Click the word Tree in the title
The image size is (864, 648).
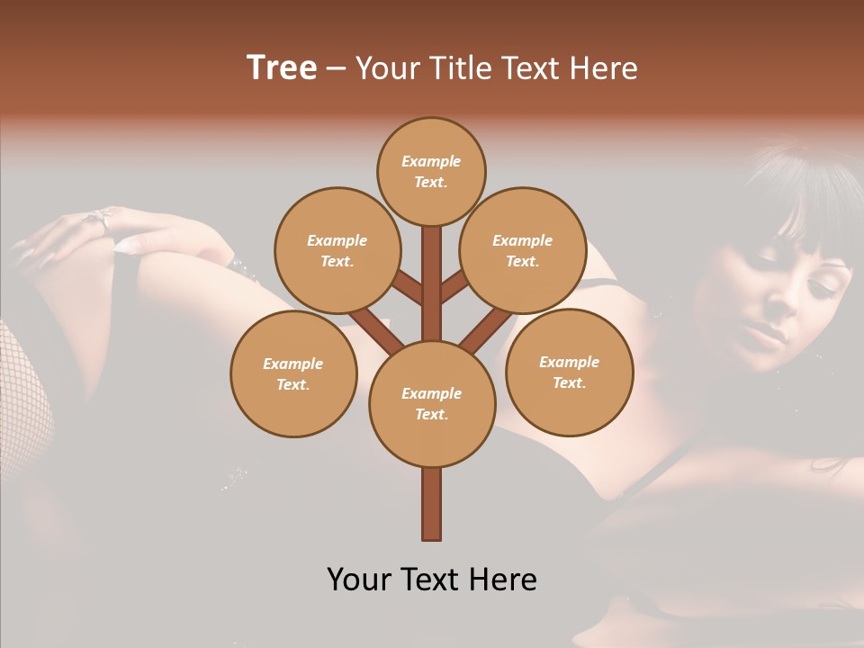click(x=282, y=68)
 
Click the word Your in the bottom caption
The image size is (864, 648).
click(x=361, y=580)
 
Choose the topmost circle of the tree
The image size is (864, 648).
click(x=431, y=171)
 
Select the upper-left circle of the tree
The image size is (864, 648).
click(x=337, y=250)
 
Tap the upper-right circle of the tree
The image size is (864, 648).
click(x=522, y=250)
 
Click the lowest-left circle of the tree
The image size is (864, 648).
click(x=293, y=373)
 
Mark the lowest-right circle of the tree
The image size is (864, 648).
click(x=569, y=372)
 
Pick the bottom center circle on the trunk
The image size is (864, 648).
click(x=432, y=403)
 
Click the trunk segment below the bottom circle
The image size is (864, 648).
click(x=432, y=504)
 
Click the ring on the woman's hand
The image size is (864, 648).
click(x=97, y=219)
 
